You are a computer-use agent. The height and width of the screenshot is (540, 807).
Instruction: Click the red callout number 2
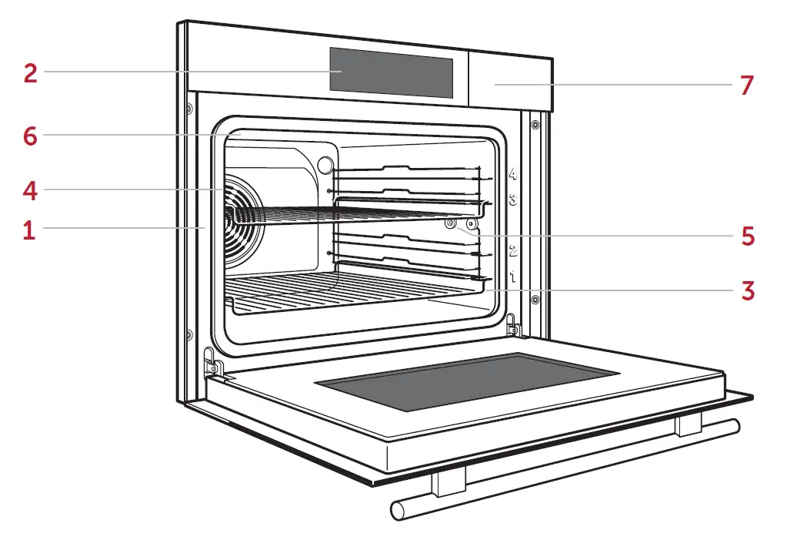click(x=31, y=73)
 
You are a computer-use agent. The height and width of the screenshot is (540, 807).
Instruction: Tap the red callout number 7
click(x=747, y=86)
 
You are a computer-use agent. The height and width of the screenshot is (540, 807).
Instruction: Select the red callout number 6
click(x=30, y=136)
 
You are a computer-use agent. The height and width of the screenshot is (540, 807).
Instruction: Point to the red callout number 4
click(x=30, y=190)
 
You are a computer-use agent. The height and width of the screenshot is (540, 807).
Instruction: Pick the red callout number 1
click(x=29, y=230)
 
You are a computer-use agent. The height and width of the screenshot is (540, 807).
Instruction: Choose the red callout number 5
click(x=748, y=236)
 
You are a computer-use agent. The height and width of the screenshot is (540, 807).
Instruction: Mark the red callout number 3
click(x=748, y=291)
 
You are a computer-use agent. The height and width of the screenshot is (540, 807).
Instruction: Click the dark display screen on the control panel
click(x=391, y=72)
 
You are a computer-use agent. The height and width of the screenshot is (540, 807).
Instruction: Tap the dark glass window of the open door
click(x=466, y=382)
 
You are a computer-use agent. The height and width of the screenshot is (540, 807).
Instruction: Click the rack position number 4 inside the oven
click(x=513, y=173)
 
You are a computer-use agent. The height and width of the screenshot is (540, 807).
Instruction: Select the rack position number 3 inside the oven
click(x=513, y=200)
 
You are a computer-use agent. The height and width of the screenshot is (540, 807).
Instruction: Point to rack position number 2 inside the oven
click(x=513, y=251)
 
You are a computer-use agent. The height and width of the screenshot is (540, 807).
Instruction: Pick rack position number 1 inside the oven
click(x=512, y=277)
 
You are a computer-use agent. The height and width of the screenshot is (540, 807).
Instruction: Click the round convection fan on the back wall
click(x=243, y=222)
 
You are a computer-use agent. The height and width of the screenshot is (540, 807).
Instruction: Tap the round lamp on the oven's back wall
click(x=325, y=165)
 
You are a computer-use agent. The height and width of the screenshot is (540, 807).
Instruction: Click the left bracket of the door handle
click(x=449, y=483)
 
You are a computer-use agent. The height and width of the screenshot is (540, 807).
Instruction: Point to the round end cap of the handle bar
click(x=397, y=511)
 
